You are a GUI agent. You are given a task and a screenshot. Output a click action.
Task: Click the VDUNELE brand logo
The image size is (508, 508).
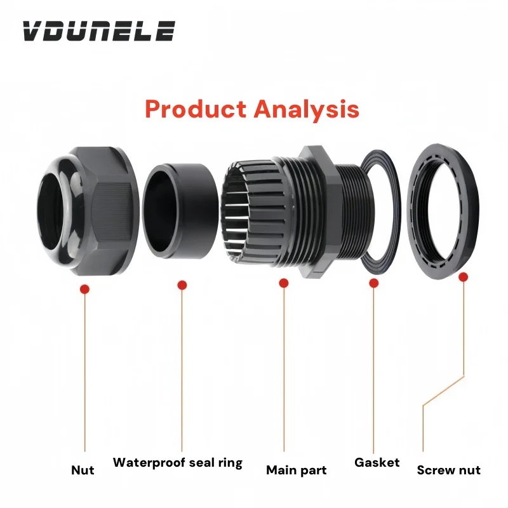pyautogui.click(x=98, y=30)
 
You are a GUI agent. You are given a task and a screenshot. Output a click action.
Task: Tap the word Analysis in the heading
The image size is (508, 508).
pyautogui.click(x=307, y=110)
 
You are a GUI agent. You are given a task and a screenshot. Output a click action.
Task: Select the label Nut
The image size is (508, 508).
pyautogui.click(x=83, y=471)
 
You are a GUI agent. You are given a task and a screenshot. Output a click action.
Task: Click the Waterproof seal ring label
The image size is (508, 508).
pyautogui.click(x=178, y=462)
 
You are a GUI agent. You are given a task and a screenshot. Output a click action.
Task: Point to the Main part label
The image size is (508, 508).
pyautogui.click(x=296, y=471)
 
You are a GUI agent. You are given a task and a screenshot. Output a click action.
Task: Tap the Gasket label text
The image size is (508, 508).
pyautogui.click(x=377, y=462)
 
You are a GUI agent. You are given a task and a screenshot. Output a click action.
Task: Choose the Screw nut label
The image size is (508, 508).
pyautogui.click(x=448, y=471)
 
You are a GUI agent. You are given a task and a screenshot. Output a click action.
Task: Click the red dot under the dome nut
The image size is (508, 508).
pyautogui.click(x=84, y=290)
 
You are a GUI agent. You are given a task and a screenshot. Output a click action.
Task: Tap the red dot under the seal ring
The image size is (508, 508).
pyautogui.click(x=182, y=285)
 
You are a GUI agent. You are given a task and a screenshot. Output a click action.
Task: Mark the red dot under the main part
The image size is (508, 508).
pyautogui.click(x=284, y=283)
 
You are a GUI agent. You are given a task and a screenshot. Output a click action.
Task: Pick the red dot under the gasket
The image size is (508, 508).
pyautogui.click(x=374, y=283)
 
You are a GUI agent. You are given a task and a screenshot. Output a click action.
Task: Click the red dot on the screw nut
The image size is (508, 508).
pyautogui.click(x=464, y=277)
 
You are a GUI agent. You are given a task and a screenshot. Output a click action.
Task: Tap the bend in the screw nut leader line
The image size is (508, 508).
pyautogui.click(x=423, y=404)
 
